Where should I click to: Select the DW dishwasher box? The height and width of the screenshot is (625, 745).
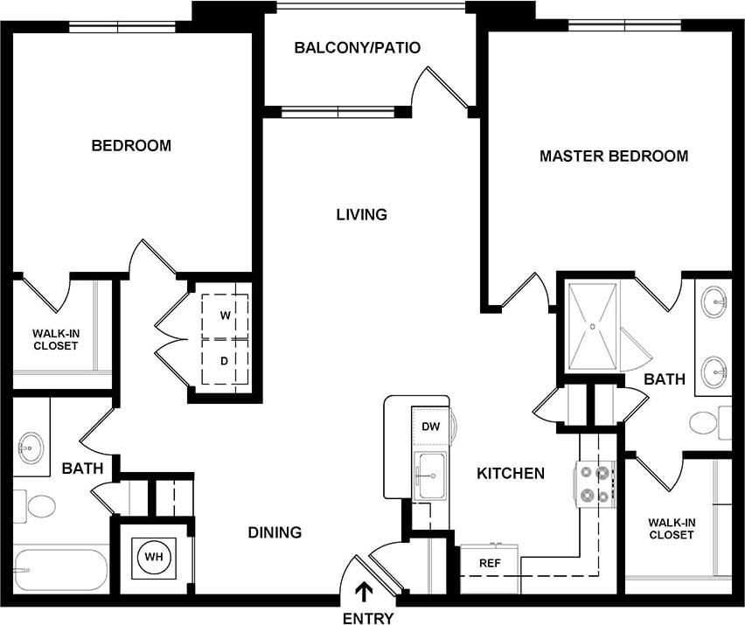[429, 427]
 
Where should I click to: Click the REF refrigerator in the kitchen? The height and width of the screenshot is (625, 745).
[489, 564]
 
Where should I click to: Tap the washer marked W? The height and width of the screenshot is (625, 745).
[225, 315]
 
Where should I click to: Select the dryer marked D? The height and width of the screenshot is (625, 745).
[225, 360]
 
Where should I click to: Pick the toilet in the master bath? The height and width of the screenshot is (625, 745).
[705, 424]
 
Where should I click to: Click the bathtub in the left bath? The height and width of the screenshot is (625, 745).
[58, 570]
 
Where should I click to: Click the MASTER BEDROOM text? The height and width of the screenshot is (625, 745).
[613, 156]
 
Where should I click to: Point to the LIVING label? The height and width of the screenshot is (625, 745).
[361, 214]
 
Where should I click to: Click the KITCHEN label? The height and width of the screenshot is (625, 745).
[510, 473]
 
